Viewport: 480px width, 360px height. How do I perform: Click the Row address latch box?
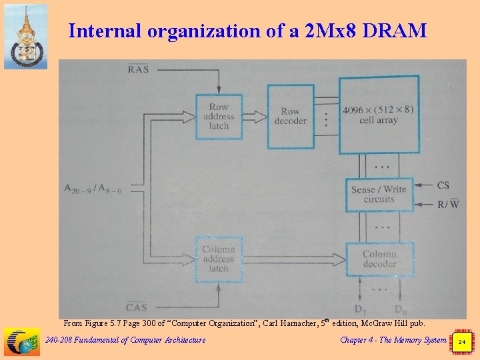pyautogui.click(x=219, y=116)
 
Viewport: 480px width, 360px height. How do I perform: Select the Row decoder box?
pyautogui.click(x=290, y=116)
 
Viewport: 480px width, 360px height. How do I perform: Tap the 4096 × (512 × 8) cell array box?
pyautogui.click(x=379, y=115)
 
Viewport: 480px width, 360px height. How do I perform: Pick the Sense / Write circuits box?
pyautogui.click(x=379, y=194)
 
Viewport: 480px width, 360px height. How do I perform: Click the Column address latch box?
pyautogui.click(x=219, y=259)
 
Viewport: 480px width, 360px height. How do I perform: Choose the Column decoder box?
pyautogui.click(x=379, y=259)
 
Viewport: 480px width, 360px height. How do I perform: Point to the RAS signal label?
pyautogui.click(x=138, y=69)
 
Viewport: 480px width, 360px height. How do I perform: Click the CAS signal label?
pyautogui.click(x=137, y=307)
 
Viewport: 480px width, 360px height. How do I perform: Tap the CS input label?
pyautogui.click(x=443, y=185)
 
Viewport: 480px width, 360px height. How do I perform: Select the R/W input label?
pyautogui.click(x=447, y=203)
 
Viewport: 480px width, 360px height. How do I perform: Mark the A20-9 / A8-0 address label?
pyautogui.click(x=93, y=188)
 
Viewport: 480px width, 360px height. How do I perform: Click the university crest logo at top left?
pyautogui.click(x=25, y=36)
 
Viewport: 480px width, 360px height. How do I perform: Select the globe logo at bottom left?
pyautogui.click(x=21, y=342)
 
